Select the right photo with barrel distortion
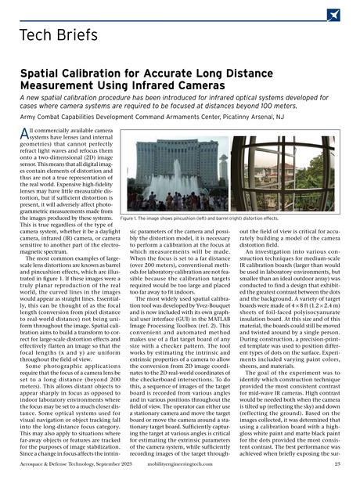pos(290,177)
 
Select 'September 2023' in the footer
pos(107,464)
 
